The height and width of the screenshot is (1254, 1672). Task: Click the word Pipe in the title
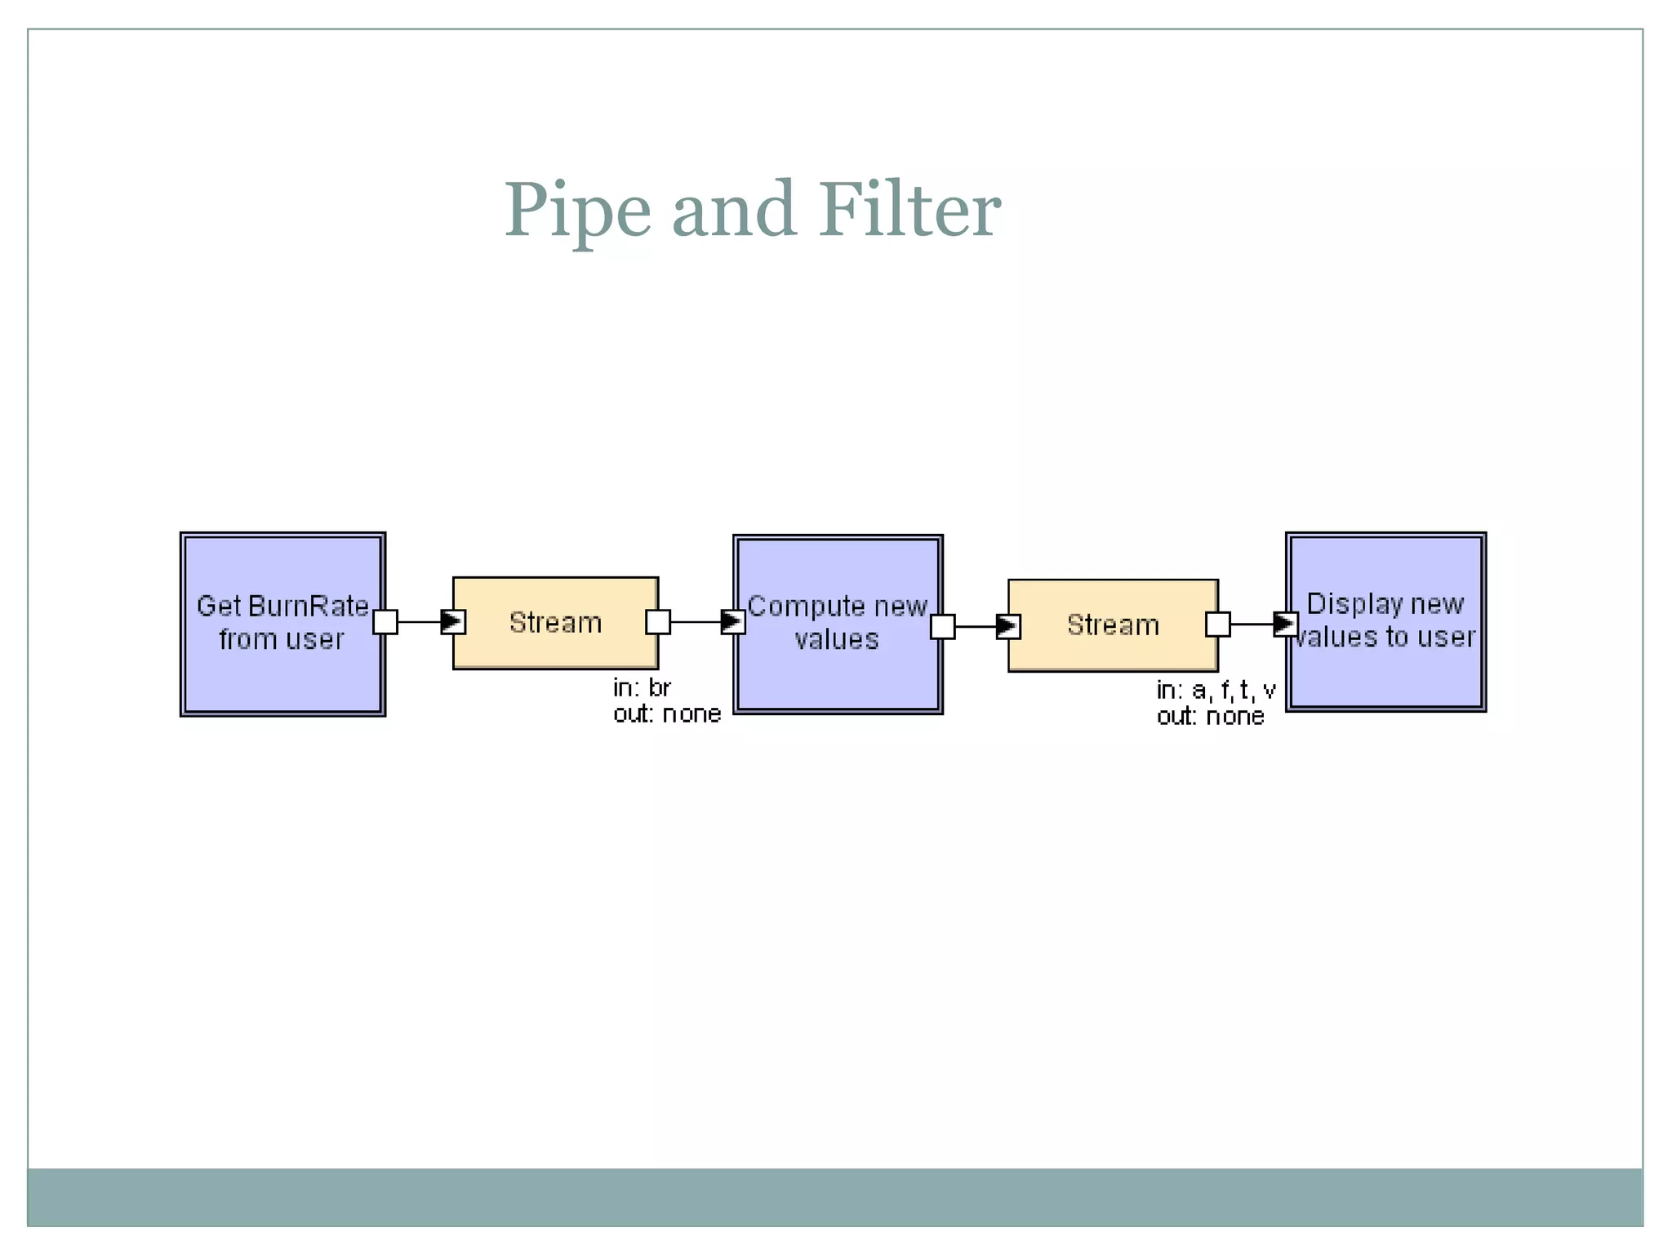click(x=577, y=211)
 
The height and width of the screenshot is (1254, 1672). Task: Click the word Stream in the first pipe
click(x=555, y=623)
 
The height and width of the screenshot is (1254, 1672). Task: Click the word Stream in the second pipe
click(x=1113, y=625)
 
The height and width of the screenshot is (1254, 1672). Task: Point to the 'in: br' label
click(x=642, y=688)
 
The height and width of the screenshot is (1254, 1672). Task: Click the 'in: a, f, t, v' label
click(x=1216, y=691)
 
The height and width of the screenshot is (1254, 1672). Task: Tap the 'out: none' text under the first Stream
click(x=667, y=714)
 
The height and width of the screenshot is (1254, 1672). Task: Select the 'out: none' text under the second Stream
click(x=1210, y=717)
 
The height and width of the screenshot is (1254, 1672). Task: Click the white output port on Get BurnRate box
click(x=385, y=622)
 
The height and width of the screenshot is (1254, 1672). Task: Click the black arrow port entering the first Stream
click(x=453, y=622)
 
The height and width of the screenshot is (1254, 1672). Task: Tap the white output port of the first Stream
click(x=658, y=622)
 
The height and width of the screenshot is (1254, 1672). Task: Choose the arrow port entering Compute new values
click(x=733, y=622)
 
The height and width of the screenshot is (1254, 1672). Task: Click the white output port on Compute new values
click(x=943, y=627)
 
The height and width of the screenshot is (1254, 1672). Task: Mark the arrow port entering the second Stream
click(x=1008, y=627)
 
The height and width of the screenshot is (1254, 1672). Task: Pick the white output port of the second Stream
click(x=1218, y=625)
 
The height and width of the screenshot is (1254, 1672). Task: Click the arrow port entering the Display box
click(x=1286, y=625)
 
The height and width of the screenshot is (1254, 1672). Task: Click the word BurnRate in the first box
click(x=308, y=607)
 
